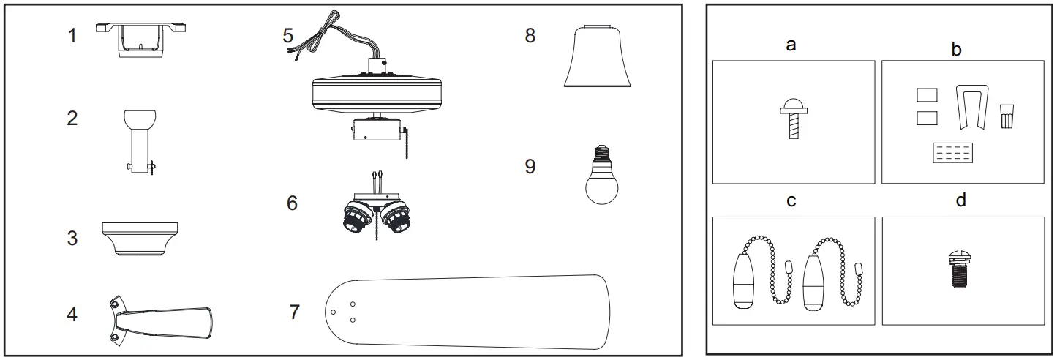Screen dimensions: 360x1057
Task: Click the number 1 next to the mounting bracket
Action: pyautogui.click(x=72, y=35)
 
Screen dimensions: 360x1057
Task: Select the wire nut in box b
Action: pyautogui.click(x=1007, y=114)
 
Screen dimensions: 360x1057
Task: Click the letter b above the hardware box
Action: pyautogui.click(x=956, y=49)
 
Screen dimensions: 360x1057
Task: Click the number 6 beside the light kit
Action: pyautogui.click(x=292, y=203)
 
